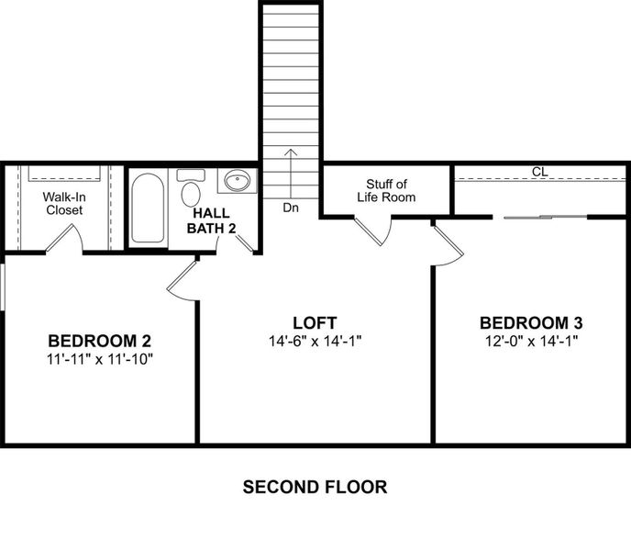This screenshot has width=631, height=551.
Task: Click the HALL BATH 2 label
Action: click(213, 219)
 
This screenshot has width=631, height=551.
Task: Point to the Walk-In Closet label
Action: click(63, 203)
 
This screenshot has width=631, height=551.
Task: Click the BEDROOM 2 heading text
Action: click(100, 340)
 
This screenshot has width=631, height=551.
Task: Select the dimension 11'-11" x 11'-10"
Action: click(100, 358)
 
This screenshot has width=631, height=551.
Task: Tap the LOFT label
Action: click(315, 323)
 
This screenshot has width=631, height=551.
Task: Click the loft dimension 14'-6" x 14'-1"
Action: click(315, 341)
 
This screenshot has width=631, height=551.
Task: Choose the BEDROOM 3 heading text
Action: click(531, 323)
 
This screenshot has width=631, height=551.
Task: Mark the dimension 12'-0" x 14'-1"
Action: click(531, 341)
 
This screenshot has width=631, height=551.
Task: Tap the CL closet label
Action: click(539, 172)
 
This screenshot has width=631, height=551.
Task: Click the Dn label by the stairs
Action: click(291, 208)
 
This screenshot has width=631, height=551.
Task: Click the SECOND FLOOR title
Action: click(315, 487)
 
